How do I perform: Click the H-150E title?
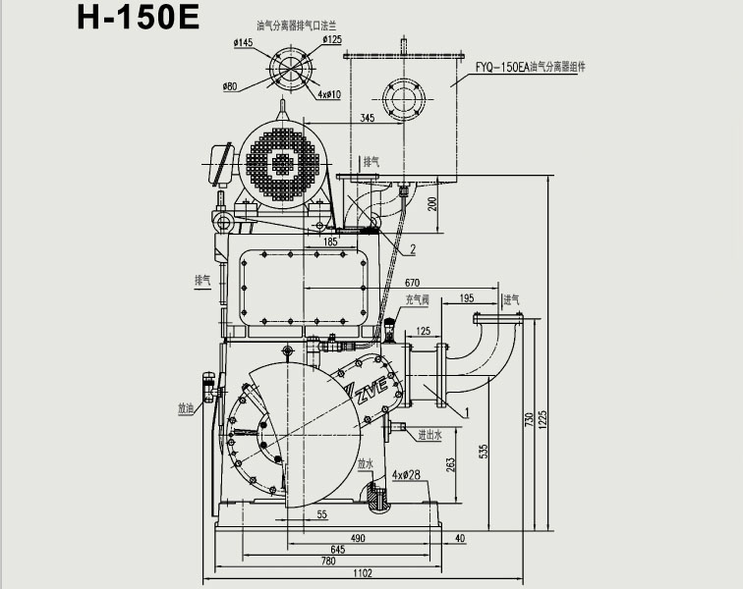(138, 17)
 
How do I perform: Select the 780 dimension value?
(328, 562)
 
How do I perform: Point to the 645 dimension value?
(337, 550)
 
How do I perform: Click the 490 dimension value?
(358, 538)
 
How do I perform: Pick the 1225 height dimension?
(542, 418)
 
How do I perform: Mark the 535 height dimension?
(484, 451)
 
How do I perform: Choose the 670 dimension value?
(412, 284)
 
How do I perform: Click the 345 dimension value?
(367, 119)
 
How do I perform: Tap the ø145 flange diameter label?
(243, 42)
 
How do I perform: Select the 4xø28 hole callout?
(406, 475)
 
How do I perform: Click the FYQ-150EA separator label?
(530, 68)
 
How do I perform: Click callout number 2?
(413, 250)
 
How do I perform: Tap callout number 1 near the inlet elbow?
(467, 413)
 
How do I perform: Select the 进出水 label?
(429, 435)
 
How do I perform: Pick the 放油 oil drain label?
(186, 408)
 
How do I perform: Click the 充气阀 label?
(417, 300)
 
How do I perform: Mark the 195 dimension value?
(466, 299)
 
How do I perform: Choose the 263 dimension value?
(451, 463)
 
